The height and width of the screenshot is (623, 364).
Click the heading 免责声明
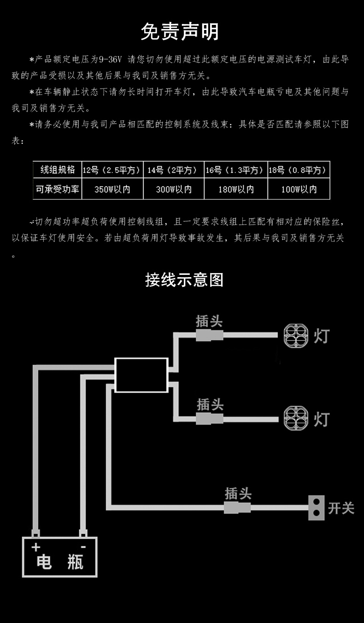180,32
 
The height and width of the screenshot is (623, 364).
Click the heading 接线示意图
184,280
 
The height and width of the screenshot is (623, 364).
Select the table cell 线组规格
58,170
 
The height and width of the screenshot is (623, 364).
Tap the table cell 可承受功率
58,189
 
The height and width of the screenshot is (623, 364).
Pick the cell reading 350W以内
112,189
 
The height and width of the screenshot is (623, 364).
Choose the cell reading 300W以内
174,189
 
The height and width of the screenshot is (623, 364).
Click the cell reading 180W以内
236,189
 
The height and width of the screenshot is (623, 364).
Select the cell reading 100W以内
299,189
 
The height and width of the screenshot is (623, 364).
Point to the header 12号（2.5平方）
112,170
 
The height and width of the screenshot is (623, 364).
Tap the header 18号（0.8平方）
299,170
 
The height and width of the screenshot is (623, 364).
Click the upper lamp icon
296,335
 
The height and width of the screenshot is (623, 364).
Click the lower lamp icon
296,418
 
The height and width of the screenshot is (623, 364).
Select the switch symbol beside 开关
317,508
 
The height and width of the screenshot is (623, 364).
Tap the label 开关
341,508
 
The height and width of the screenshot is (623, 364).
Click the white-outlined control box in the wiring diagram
141,375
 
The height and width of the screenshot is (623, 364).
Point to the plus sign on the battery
36,547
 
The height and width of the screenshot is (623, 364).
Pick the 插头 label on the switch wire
238,493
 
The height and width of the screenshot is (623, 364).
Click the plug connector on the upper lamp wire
210,335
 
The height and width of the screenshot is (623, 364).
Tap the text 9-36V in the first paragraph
111,59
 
